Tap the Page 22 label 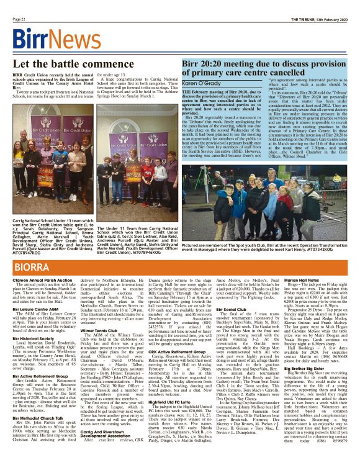point(19,19)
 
